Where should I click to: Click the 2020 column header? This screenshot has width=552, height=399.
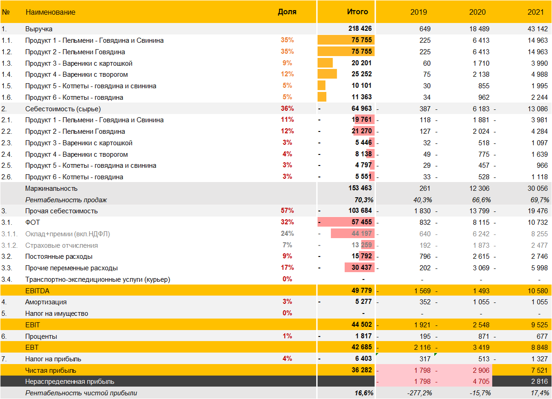pyautogui.click(x=477, y=12)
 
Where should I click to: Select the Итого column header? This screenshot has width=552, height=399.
pyautogui.click(x=357, y=12)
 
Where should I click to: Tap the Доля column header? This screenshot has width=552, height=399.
pyautogui.click(x=287, y=12)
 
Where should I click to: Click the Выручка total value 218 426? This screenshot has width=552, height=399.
pyautogui.click(x=360, y=29)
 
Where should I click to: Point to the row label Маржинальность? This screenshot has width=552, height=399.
pyautogui.click(x=52, y=188)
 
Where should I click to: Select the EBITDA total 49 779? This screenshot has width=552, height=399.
pyautogui.click(x=361, y=291)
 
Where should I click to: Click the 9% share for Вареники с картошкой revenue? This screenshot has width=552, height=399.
pyautogui.click(x=287, y=63)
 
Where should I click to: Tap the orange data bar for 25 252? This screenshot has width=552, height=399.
pyautogui.click(x=327, y=74)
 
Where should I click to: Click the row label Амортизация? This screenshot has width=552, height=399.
pyautogui.click(x=46, y=302)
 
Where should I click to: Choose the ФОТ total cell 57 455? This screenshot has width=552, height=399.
pyautogui.click(x=361, y=222)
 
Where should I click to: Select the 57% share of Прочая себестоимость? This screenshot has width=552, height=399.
pyautogui.click(x=287, y=211)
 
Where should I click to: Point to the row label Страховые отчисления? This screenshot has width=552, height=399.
pyautogui.click(x=62, y=245)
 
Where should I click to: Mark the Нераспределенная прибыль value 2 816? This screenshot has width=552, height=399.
pyautogui.click(x=539, y=382)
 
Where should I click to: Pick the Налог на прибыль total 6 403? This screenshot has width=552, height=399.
pyautogui.click(x=363, y=359)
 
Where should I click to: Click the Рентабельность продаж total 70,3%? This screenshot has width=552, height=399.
pyautogui.click(x=363, y=200)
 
